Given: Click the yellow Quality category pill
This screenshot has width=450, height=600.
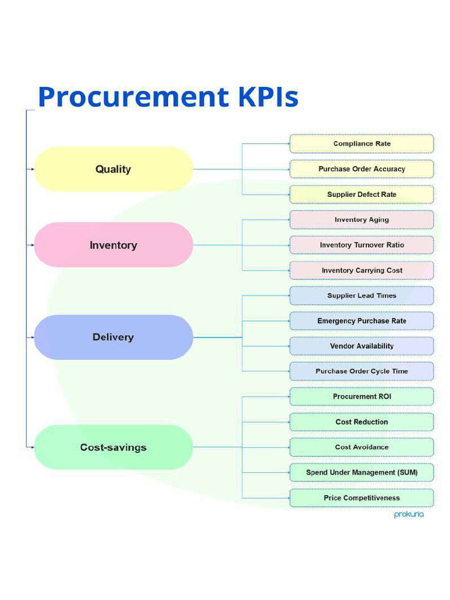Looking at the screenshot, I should click(x=113, y=169).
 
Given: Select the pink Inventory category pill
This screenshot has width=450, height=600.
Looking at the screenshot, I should click(x=113, y=245).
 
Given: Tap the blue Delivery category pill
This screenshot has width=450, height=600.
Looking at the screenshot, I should click(x=113, y=337).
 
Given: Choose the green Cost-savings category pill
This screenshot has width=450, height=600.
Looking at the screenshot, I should click(x=113, y=447).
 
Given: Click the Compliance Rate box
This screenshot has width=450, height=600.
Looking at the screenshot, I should click(x=362, y=144).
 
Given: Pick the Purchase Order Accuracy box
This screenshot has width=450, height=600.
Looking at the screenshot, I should click(x=362, y=169).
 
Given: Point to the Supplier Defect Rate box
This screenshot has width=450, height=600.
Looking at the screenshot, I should click(x=362, y=195).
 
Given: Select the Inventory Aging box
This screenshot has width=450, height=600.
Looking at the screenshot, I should click(x=362, y=220).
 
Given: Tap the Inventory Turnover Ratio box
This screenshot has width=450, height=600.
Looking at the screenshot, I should click(x=362, y=245).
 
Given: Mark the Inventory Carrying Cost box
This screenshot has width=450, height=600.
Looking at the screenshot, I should click(x=362, y=271).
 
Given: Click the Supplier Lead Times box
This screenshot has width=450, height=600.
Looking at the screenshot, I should click(x=362, y=296).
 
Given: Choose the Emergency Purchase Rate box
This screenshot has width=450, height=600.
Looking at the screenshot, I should click(x=362, y=321).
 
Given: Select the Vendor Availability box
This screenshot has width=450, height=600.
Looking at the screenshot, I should click(x=362, y=346).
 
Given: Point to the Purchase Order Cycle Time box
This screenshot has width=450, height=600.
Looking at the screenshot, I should click(x=362, y=371).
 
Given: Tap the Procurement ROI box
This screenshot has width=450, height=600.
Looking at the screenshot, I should click(x=362, y=397).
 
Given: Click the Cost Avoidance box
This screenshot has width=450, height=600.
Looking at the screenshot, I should click(x=362, y=447).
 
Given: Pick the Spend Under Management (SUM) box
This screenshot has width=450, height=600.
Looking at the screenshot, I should click(x=362, y=472).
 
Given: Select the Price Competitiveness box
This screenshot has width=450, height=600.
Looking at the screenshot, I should click(x=362, y=498).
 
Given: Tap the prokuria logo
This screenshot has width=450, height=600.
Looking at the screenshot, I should click(x=408, y=515).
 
